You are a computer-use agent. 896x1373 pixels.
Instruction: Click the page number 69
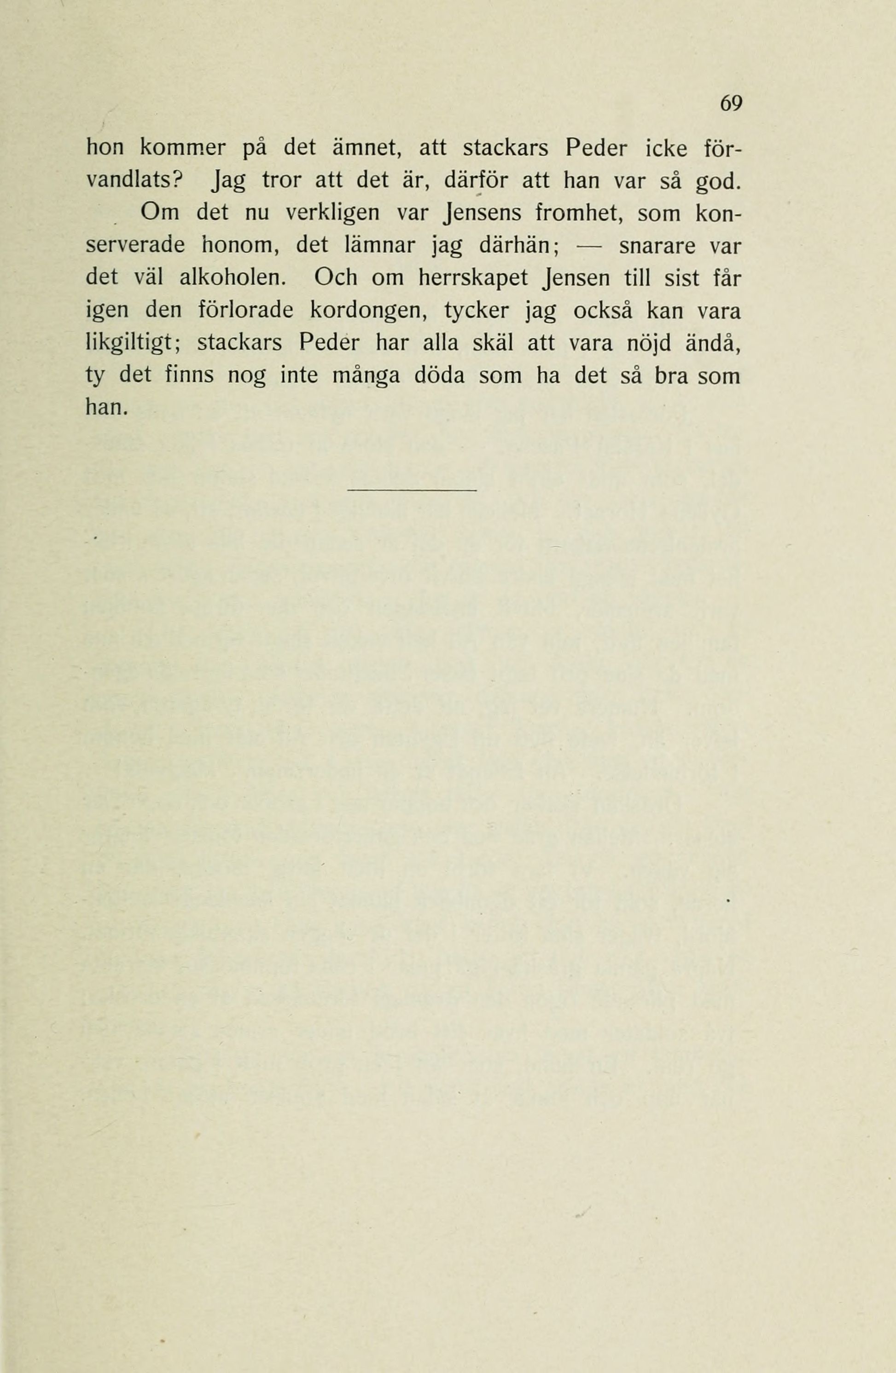click(x=730, y=104)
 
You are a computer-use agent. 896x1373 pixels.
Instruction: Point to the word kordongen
click(x=368, y=311)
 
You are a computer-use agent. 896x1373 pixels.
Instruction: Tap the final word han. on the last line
click(x=105, y=409)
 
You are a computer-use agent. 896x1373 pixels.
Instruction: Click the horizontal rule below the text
click(x=412, y=490)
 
